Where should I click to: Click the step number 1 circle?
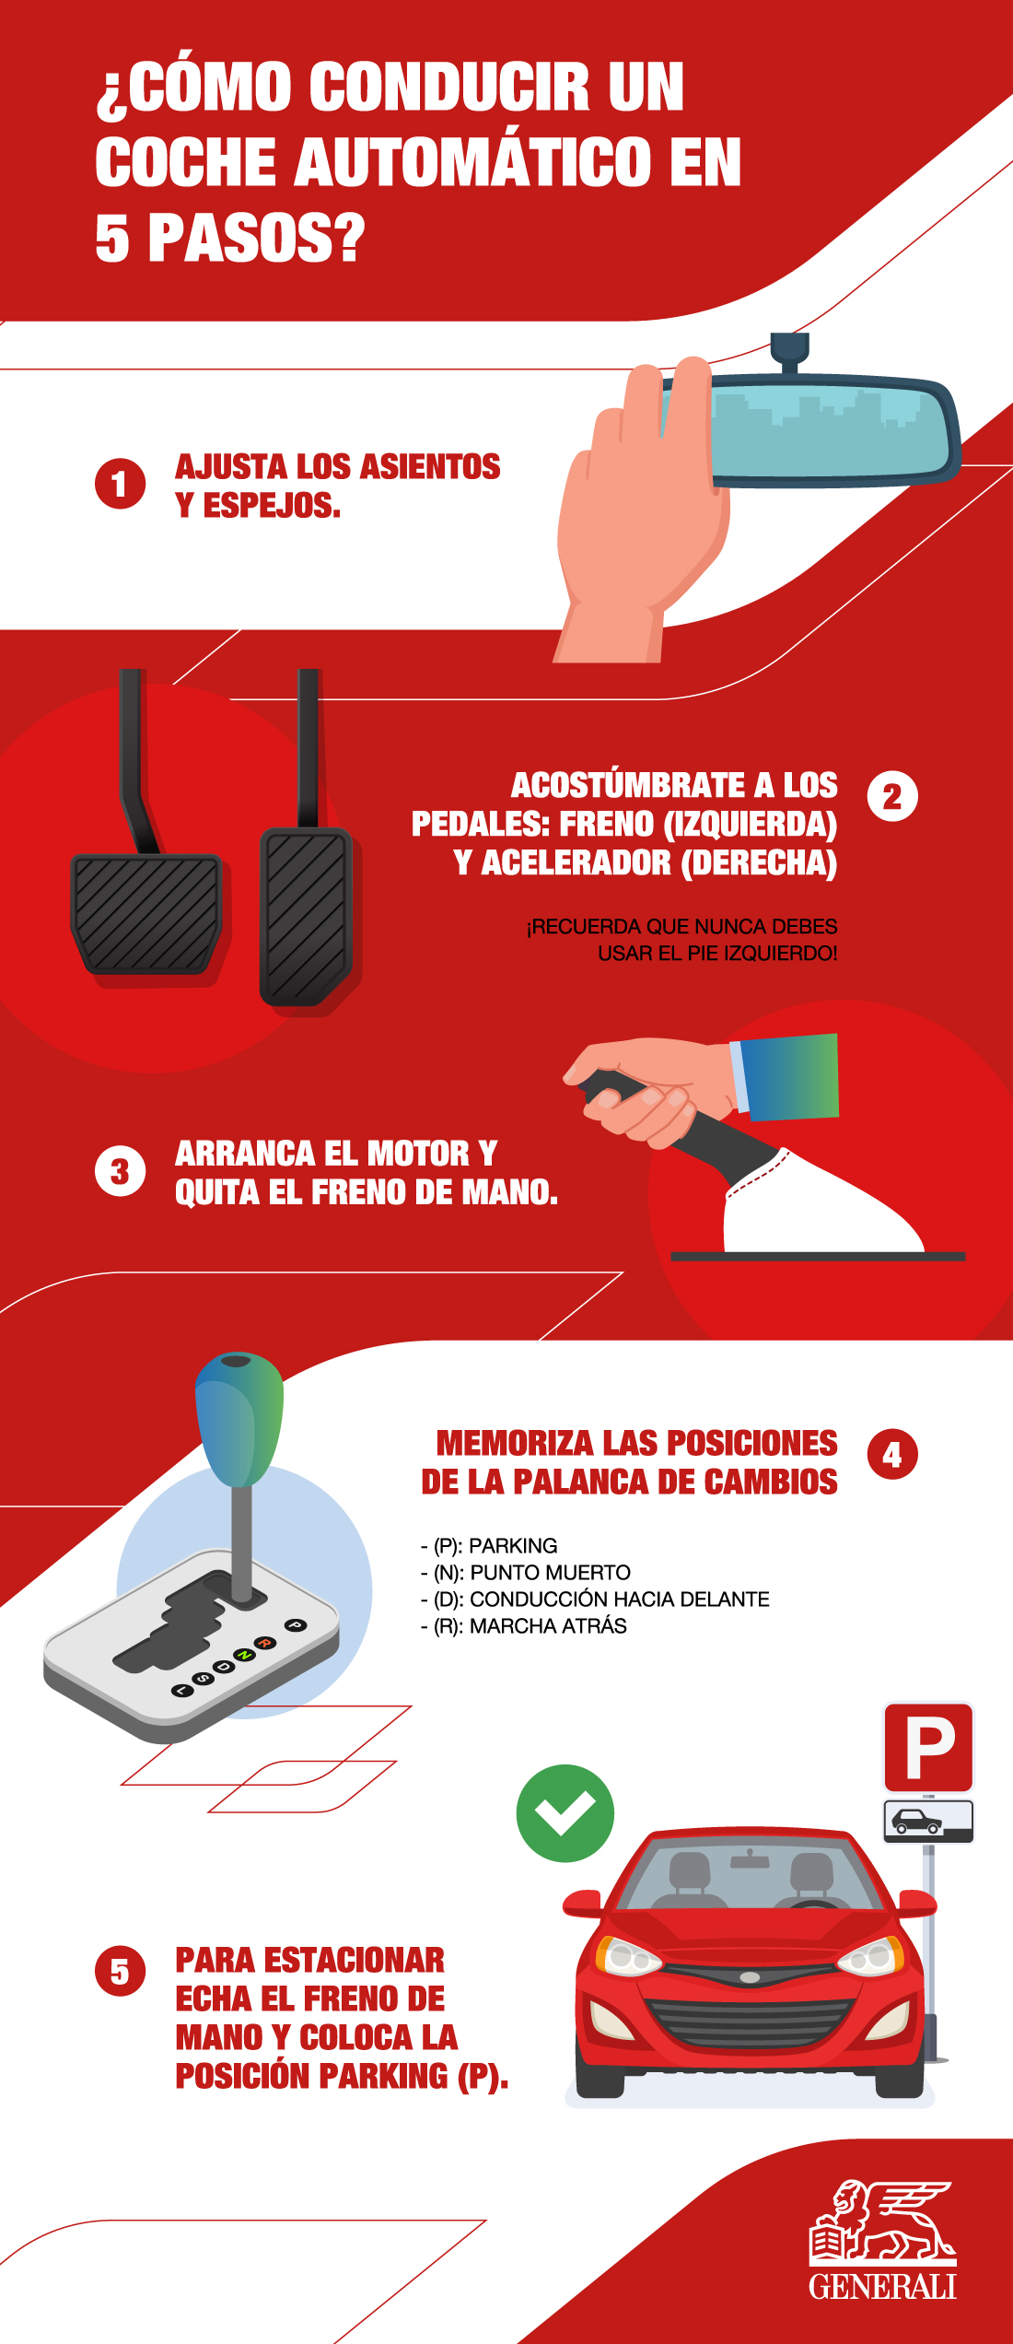[x=120, y=484]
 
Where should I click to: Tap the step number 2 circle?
[x=892, y=797]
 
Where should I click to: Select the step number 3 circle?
[x=120, y=1171]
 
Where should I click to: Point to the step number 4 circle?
[x=892, y=1454]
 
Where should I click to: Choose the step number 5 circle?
[x=120, y=1971]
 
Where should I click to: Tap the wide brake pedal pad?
[x=146, y=913]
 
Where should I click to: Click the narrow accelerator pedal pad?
[x=306, y=917]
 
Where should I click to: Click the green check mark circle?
[x=565, y=1813]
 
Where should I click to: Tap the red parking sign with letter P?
[x=928, y=1747]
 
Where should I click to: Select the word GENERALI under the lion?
[x=882, y=2287]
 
